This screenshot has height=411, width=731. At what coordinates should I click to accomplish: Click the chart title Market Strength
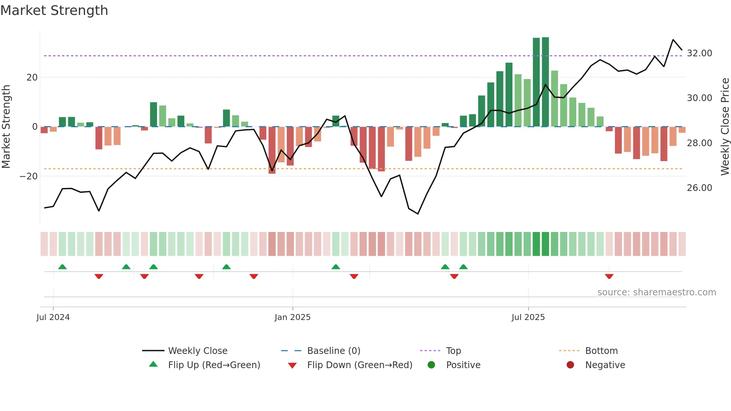54,10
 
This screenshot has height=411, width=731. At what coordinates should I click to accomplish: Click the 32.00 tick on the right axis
699,53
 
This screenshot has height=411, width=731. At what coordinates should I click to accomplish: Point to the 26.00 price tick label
699,188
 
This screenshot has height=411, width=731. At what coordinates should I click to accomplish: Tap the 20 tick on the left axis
32,78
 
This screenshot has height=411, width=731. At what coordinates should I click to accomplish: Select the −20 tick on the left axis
29,176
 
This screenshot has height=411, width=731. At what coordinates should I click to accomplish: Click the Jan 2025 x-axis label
292,317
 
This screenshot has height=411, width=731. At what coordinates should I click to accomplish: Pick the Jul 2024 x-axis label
53,317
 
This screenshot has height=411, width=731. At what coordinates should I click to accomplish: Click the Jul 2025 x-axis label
528,317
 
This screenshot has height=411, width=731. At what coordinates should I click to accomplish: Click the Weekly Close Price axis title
725,127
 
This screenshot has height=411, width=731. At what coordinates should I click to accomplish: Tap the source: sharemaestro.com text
656,292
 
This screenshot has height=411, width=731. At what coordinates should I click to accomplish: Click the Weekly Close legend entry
198,351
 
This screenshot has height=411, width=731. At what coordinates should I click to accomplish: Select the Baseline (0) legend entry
333,351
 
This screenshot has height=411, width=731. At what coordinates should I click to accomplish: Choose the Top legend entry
454,351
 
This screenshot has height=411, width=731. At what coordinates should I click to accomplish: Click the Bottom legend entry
601,351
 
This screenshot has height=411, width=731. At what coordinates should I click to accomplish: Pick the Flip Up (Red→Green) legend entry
214,365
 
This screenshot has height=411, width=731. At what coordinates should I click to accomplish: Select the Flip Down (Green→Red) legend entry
360,365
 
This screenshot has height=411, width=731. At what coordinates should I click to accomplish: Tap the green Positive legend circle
432,365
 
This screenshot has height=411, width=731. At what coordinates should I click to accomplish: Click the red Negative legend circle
570,365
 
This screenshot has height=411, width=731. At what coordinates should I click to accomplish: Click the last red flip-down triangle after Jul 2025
609,276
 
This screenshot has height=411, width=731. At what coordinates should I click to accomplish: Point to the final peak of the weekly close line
673,40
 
